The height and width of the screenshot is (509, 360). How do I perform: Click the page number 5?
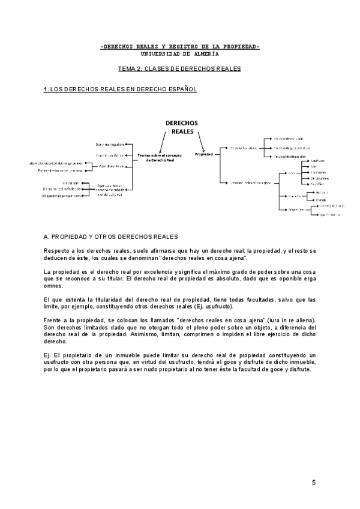point(313,483)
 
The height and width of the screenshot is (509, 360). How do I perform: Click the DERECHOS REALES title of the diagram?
point(181,127)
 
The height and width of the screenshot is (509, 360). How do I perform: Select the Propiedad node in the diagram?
point(203,154)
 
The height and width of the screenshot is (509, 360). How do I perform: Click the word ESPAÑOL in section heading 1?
point(181,89)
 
